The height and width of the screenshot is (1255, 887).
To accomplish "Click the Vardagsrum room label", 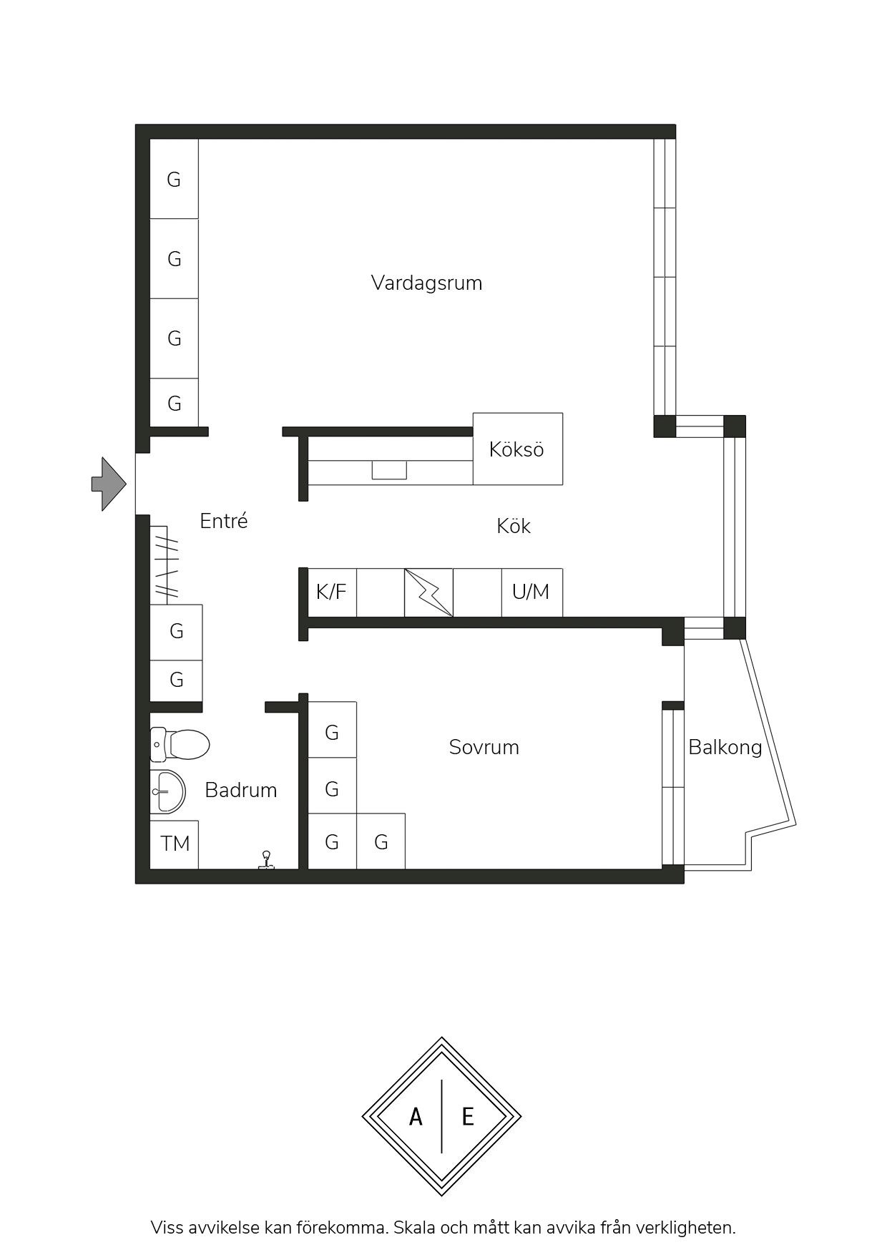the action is [426, 283].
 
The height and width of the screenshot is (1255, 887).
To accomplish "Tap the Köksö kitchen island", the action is [518, 449].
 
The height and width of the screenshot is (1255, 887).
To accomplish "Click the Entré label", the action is [224, 521].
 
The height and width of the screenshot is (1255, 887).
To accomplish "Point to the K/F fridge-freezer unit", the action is [332, 592].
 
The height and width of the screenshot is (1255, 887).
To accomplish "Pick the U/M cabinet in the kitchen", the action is [531, 592].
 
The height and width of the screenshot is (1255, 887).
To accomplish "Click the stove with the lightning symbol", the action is [428, 592].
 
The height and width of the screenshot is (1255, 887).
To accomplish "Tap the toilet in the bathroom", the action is [180, 745].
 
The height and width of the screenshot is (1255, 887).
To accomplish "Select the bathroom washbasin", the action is [167, 792].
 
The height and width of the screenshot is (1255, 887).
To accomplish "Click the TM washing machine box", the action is [174, 844].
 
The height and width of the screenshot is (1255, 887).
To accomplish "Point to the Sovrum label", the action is [484, 747].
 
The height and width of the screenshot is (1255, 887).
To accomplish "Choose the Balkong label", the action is [725, 748].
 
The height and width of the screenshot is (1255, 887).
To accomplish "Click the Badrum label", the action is [241, 790].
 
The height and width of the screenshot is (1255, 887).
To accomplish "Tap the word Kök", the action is [514, 526].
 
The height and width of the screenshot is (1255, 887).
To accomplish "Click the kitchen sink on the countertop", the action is [389, 470].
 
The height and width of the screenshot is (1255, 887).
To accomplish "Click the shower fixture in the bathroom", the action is [267, 860].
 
